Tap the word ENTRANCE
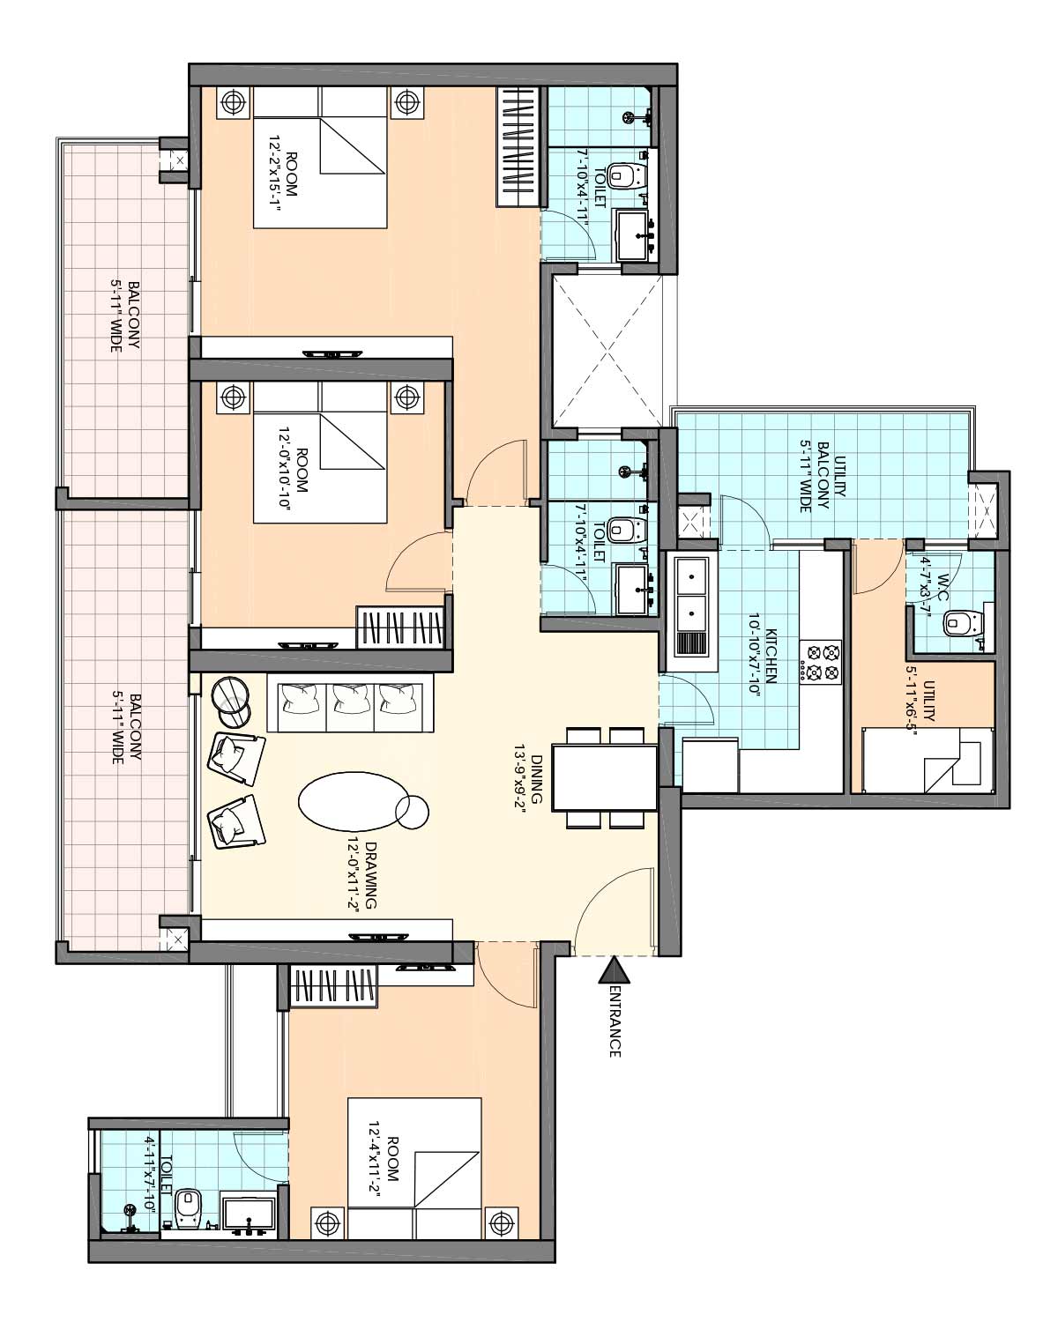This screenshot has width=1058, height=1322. coord(615,1021)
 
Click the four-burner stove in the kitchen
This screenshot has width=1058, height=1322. coord(821,663)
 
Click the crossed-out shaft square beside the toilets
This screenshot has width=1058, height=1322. coord(605,351)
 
